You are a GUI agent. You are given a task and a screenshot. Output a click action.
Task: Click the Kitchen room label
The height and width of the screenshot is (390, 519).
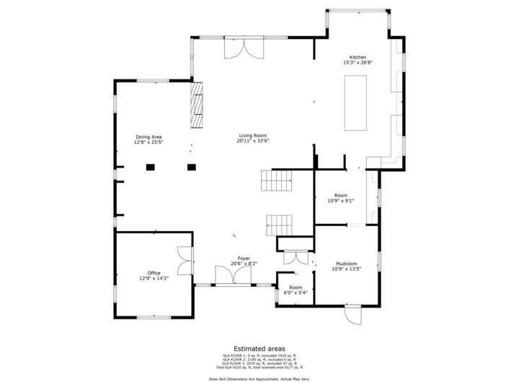(358, 57)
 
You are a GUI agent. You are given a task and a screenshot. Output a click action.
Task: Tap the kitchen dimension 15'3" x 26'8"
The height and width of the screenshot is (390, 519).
(358, 63)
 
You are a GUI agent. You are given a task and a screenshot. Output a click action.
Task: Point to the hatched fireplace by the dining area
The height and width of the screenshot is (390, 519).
(197, 105)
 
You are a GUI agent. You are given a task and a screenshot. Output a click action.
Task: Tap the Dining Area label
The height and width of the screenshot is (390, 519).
(148, 136)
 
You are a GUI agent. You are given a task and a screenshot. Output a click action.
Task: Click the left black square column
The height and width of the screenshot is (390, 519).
(151, 168)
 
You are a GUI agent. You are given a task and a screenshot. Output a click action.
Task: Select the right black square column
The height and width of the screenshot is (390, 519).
(192, 168)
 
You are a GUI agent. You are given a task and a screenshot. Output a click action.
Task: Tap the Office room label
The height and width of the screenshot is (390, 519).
(154, 272)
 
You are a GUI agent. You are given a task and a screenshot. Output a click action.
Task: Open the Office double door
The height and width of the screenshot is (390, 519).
(185, 261)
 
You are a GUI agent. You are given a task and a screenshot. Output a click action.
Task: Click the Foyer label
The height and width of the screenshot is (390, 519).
(244, 258)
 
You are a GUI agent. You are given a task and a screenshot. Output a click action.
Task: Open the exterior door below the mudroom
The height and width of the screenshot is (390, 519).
(353, 316)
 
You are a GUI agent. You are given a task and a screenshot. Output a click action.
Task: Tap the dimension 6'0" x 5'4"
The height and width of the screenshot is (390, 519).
(296, 292)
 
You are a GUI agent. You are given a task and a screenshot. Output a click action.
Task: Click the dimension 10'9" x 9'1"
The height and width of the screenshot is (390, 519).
(340, 201)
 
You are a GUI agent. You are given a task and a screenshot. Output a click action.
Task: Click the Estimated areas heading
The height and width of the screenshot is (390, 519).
(259, 348)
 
